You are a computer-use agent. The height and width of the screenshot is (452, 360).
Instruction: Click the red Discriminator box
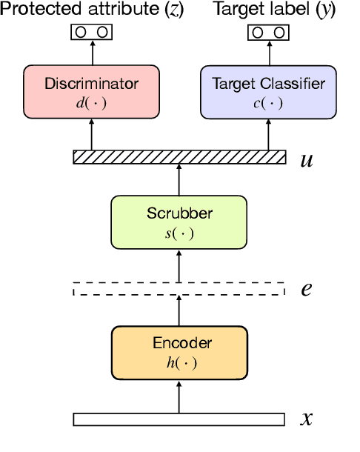[92, 92]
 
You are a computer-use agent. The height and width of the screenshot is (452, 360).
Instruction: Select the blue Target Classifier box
[268, 92]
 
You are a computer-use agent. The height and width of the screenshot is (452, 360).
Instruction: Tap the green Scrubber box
[179, 222]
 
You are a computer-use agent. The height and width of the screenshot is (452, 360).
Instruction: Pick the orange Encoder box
[179, 351]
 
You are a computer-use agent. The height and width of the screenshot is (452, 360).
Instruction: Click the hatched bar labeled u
[179, 157]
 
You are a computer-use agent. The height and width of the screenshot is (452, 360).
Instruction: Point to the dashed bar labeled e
[179, 289]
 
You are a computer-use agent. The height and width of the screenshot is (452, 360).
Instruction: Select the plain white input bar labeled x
[179, 419]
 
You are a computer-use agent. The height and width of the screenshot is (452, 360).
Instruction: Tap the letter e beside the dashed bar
[306, 289]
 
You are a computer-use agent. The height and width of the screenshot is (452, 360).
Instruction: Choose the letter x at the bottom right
[306, 419]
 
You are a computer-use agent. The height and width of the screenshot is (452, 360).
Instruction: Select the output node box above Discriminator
[92, 33]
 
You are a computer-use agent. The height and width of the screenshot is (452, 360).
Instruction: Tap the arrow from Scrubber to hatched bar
[179, 180]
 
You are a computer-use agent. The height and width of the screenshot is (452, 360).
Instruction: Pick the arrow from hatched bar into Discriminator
[92, 135]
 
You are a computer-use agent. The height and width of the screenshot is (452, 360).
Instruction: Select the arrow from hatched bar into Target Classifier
[268, 135]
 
